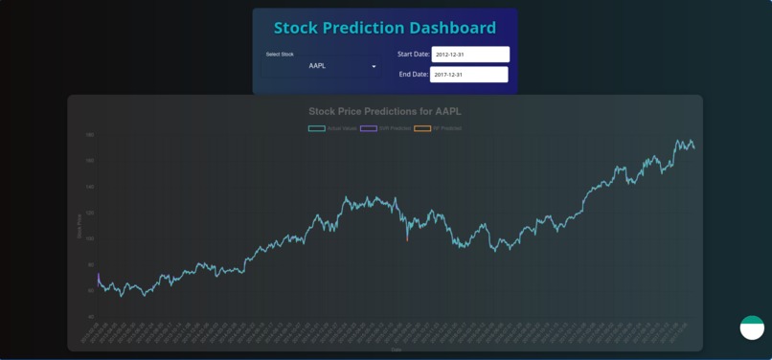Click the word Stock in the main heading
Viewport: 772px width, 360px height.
pyautogui.click(x=299, y=28)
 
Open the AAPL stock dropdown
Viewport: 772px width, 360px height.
pyautogui.click(x=318, y=66)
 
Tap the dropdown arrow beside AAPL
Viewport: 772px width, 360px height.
pyautogui.click(x=374, y=66)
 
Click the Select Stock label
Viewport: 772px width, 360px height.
pyautogui.click(x=280, y=55)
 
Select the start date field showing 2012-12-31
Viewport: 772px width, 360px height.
pyautogui.click(x=469, y=55)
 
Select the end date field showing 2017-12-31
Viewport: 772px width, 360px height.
pyautogui.click(x=468, y=75)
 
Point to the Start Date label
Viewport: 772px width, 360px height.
pyautogui.click(x=413, y=55)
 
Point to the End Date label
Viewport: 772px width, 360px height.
pyautogui.click(x=413, y=75)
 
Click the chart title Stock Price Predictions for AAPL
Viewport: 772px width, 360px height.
pyautogui.click(x=384, y=111)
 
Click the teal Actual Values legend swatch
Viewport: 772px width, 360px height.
pyautogui.click(x=316, y=128)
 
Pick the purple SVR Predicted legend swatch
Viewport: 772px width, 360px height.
pyautogui.click(x=368, y=128)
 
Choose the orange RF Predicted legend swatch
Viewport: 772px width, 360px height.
pyautogui.click(x=421, y=128)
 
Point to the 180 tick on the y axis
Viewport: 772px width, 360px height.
pyautogui.click(x=89, y=135)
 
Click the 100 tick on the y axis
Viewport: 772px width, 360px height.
pyautogui.click(x=89, y=238)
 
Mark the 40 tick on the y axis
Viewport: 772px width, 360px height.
pyautogui.click(x=90, y=316)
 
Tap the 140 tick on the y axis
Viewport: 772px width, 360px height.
pyautogui.click(x=89, y=187)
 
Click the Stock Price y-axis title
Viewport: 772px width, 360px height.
pyautogui.click(x=79, y=226)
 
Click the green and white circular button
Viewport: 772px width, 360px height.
pyautogui.click(x=752, y=327)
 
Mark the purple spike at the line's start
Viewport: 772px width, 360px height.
pyautogui.click(x=98, y=277)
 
